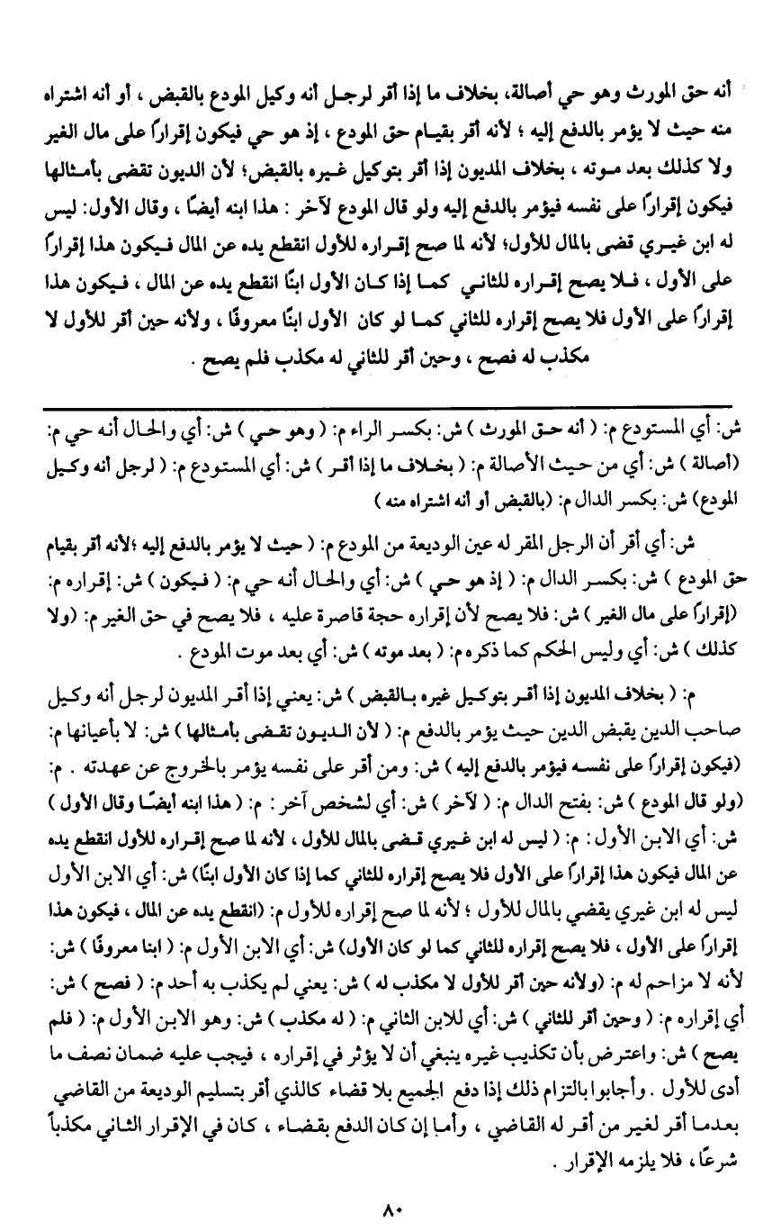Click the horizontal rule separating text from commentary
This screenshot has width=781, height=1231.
click(x=389, y=407)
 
